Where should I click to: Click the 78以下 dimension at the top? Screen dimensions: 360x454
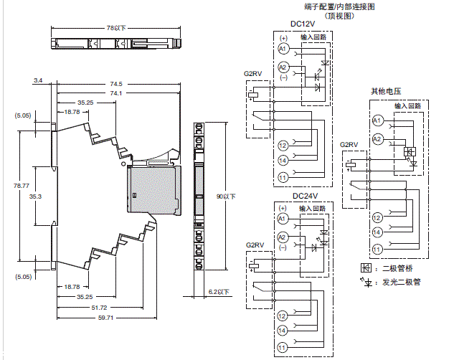[x=115, y=28]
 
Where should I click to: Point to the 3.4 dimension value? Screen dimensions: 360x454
[x=38, y=82]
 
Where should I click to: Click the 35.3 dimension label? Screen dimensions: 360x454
[x=35, y=195]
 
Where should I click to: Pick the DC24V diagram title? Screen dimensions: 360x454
[x=304, y=195]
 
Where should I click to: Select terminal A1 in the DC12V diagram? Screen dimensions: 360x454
[x=282, y=48]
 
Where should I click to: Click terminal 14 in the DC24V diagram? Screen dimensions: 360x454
[x=282, y=331]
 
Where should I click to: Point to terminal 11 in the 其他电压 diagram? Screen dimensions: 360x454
[x=377, y=249]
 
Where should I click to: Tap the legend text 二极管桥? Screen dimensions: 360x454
[x=391, y=267]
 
